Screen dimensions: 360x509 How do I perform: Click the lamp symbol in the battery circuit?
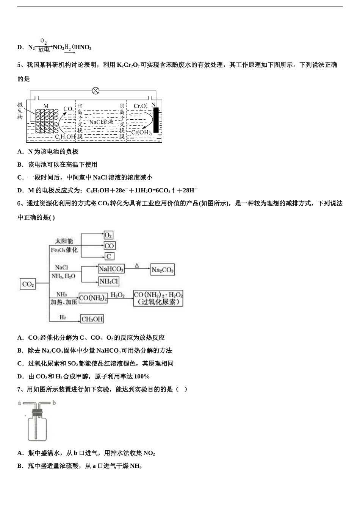[x=96, y=91]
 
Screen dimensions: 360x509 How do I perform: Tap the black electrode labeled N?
[x=156, y=120]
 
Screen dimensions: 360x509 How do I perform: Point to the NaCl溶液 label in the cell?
[x=101, y=122]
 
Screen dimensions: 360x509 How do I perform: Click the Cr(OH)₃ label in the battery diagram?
[x=141, y=132]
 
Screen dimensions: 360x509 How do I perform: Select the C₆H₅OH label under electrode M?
[x=65, y=137]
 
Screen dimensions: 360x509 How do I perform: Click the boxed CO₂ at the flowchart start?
[x=28, y=284]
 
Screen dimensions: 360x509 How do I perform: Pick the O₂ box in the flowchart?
[x=108, y=235]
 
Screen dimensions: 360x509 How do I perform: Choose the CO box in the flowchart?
[x=109, y=246]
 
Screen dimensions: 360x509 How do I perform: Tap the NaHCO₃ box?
[x=111, y=269]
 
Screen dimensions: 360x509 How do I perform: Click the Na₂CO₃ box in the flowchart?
[x=163, y=270]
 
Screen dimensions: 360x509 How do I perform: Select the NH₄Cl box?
[x=109, y=281]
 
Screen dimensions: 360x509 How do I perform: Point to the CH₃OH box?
[x=92, y=319]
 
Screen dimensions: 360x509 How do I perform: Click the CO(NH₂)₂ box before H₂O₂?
[x=93, y=298]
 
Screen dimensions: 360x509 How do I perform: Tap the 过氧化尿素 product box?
[x=158, y=298]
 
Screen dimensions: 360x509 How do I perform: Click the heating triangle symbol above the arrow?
[x=137, y=266]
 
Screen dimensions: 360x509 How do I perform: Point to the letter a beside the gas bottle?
[x=19, y=403]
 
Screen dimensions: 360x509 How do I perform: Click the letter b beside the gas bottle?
[x=54, y=403]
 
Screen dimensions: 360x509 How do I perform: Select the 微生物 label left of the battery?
[x=20, y=111]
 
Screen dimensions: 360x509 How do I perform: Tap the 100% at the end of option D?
[x=142, y=376]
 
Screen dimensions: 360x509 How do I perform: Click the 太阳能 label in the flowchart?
[x=64, y=241]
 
